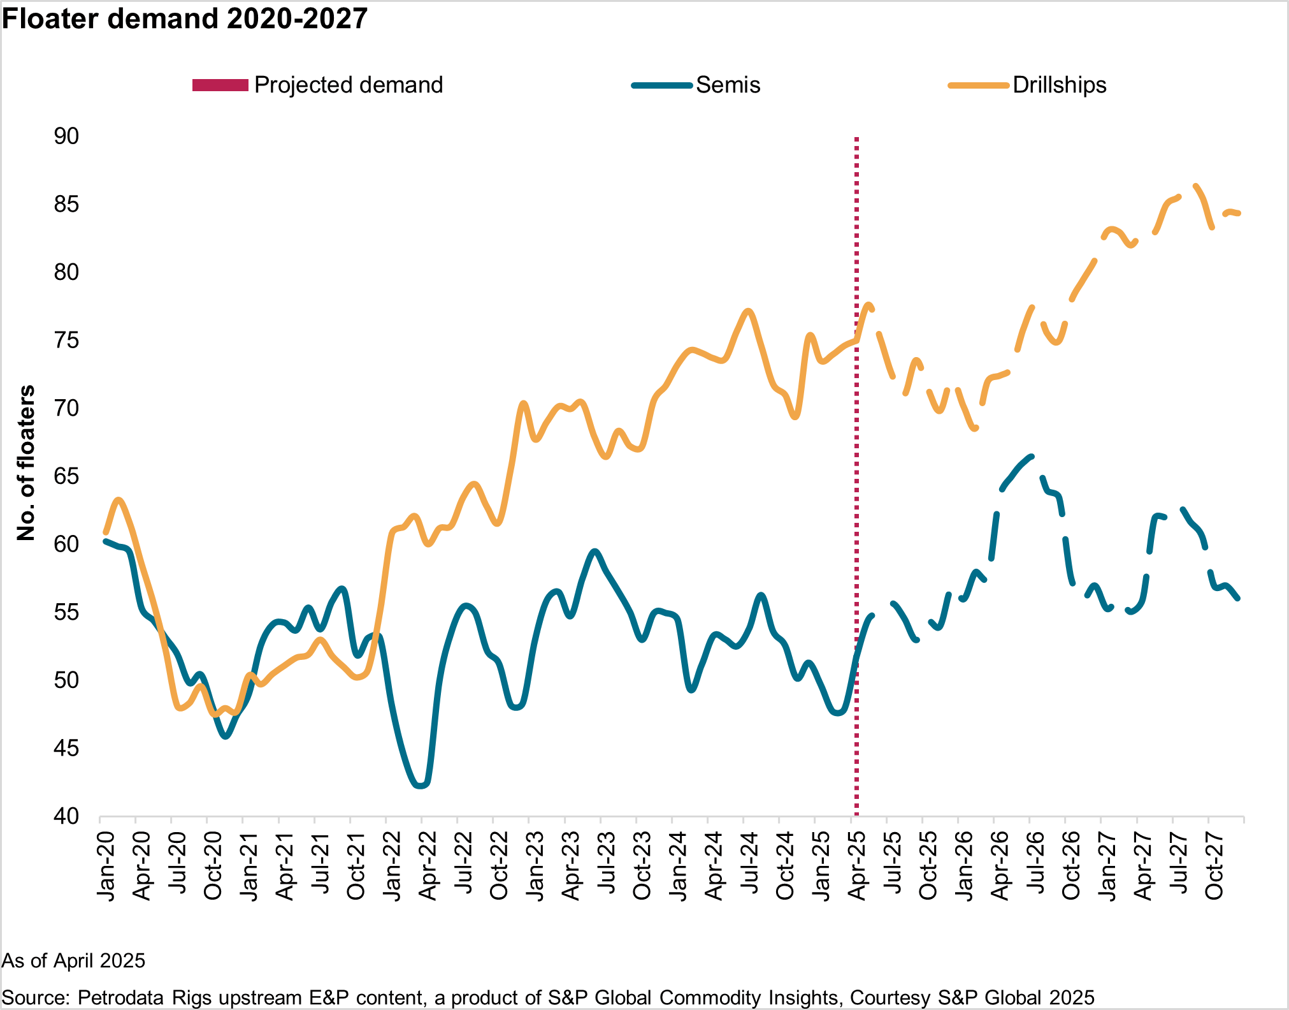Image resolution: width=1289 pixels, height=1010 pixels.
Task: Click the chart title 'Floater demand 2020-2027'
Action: tap(185, 18)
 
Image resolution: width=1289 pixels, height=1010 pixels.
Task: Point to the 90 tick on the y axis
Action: tap(66, 136)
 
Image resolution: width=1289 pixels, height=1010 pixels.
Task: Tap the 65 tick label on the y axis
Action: tap(66, 476)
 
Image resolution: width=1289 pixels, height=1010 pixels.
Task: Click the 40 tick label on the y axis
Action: tap(66, 816)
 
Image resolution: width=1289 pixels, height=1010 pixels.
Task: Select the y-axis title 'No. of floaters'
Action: tap(26, 464)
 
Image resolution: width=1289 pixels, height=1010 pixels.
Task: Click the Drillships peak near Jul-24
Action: tap(749, 311)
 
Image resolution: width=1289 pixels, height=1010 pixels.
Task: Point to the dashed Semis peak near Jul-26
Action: tap(1031, 457)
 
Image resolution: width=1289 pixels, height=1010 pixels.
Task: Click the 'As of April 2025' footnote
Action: tap(74, 960)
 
